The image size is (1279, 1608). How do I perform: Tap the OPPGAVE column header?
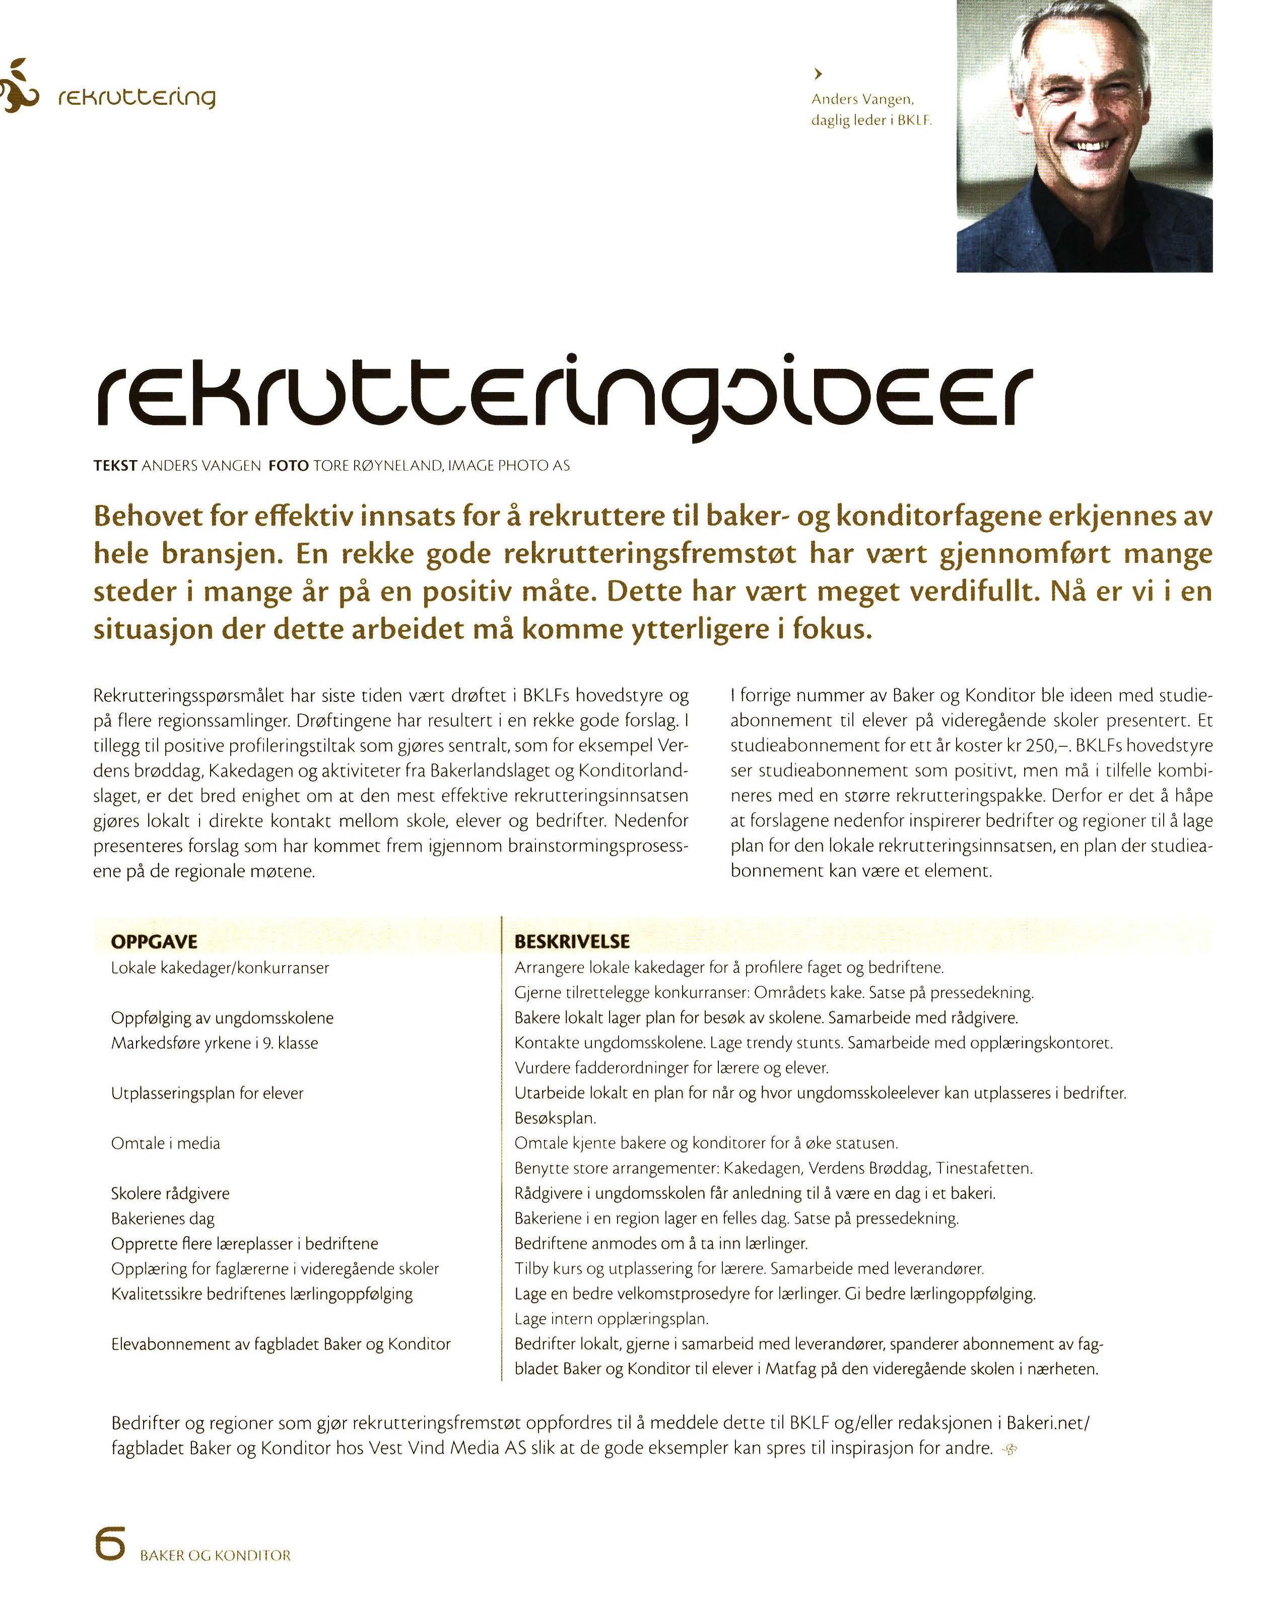[x=154, y=941]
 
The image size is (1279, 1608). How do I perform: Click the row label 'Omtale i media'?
[x=166, y=1143]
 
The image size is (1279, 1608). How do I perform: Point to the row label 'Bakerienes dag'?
[x=163, y=1218]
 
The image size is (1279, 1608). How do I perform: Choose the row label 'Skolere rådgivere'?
[x=170, y=1193]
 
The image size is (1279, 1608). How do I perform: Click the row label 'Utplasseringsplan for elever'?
[x=208, y=1094]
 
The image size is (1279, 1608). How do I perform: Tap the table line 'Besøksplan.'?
[x=555, y=1119]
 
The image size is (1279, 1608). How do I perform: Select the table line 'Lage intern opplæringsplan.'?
[x=611, y=1319]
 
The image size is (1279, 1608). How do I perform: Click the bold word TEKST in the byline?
[x=115, y=466]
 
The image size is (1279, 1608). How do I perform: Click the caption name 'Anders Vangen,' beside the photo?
[x=862, y=99]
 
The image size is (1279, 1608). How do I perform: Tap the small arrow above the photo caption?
[x=818, y=73]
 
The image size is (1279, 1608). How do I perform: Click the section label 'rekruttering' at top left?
[x=137, y=98]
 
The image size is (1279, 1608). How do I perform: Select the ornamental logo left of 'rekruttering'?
[x=17, y=86]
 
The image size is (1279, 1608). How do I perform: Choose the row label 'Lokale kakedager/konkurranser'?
[x=220, y=968]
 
